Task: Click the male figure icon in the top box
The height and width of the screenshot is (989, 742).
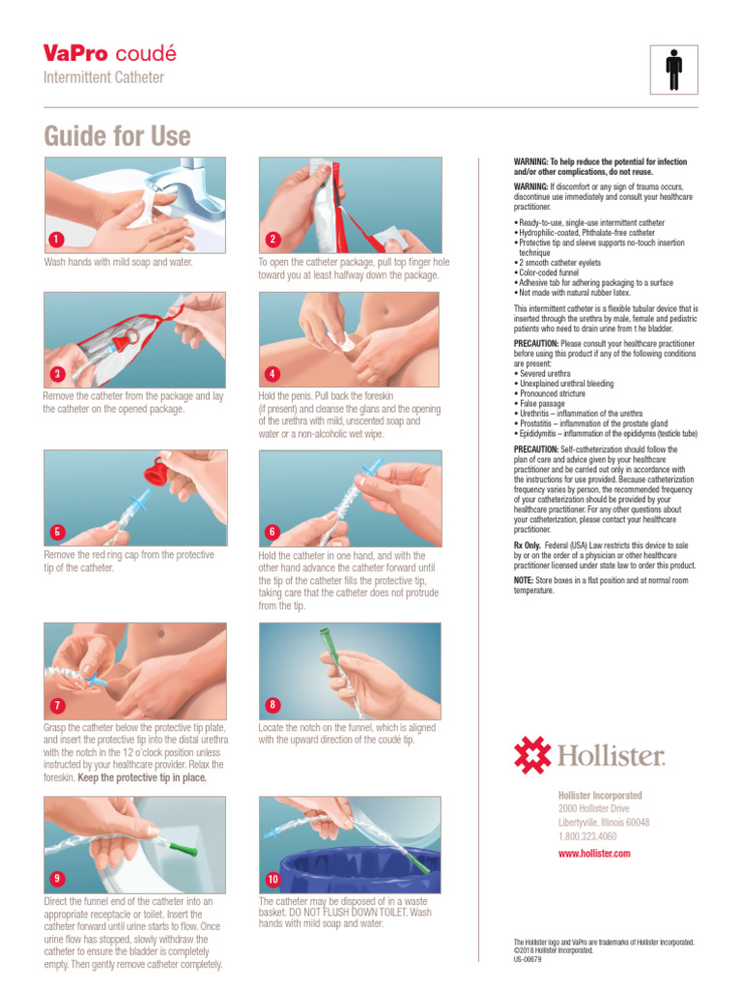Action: click(x=673, y=70)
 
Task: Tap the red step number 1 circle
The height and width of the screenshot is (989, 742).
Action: click(x=56, y=240)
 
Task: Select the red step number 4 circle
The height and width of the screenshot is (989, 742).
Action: click(x=271, y=374)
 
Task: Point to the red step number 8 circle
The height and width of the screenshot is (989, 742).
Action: click(x=271, y=704)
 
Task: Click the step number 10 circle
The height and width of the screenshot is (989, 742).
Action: click(x=271, y=879)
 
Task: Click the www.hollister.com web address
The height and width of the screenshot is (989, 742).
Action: click(x=594, y=854)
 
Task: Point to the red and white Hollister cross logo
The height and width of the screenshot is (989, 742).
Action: click(x=532, y=754)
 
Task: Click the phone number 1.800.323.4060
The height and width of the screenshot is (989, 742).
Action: click(x=586, y=836)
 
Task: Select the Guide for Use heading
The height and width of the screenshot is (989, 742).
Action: click(x=117, y=135)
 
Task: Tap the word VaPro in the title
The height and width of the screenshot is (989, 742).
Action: click(x=75, y=53)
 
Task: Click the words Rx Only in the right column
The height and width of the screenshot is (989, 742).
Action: click(x=528, y=545)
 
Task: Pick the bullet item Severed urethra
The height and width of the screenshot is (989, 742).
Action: click(x=543, y=374)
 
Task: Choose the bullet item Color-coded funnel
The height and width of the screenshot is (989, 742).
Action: click(x=547, y=272)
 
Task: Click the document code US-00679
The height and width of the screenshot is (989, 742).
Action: click(x=528, y=959)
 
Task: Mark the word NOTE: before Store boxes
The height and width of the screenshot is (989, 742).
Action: click(x=523, y=580)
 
